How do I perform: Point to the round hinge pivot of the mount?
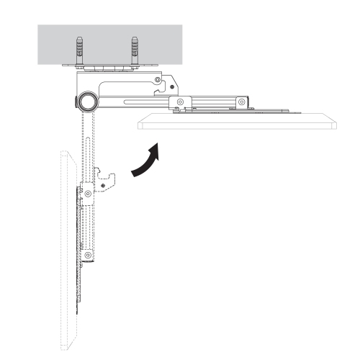pos(89,101)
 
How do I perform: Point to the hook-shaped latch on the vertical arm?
pos(106,178)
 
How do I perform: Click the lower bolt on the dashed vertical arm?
pos(87,255)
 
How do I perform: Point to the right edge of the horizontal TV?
pos(336,124)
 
